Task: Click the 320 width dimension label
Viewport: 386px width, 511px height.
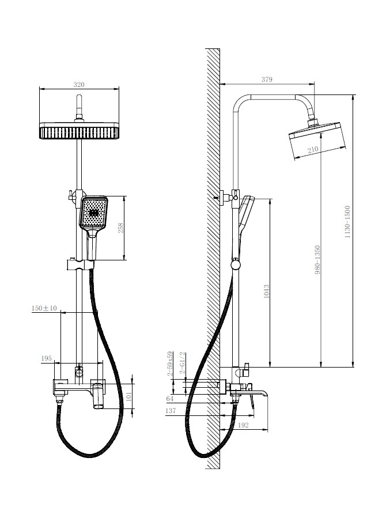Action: click(79, 85)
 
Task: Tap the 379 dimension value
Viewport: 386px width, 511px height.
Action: click(267, 79)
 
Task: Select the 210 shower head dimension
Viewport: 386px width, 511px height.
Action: click(313, 150)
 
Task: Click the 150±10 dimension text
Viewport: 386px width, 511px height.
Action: click(44, 308)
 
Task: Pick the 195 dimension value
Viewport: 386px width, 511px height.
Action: click(46, 358)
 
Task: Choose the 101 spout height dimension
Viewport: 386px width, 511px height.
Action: click(128, 396)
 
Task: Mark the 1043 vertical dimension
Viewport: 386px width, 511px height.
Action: click(266, 291)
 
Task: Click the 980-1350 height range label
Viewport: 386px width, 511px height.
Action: click(318, 259)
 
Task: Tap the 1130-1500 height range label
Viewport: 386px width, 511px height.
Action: click(347, 221)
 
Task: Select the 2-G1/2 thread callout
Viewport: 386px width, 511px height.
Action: click(182, 364)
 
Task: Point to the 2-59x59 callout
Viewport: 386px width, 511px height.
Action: click(170, 364)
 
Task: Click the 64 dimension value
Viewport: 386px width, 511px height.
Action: click(170, 398)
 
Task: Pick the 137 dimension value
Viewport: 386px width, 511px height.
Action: click(171, 411)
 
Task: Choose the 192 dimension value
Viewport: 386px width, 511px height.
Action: click(243, 425)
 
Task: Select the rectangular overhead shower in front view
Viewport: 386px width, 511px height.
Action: click(79, 131)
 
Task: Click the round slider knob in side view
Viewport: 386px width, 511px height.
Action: click(236, 264)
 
